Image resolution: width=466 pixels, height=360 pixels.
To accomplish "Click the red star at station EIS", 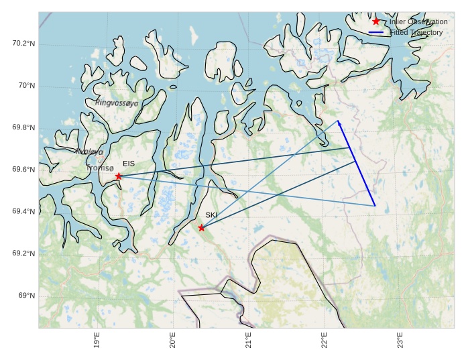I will click(x=119, y=176).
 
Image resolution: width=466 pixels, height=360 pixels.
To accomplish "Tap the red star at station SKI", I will click(x=201, y=228).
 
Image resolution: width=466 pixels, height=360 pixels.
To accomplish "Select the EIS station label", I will click(x=129, y=164).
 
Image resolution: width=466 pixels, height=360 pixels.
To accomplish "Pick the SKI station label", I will click(x=211, y=215).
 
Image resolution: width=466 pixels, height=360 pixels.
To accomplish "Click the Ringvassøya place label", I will click(x=117, y=103).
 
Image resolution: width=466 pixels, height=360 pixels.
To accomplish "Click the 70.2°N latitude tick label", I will click(x=23, y=44).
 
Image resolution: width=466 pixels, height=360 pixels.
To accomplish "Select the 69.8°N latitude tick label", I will click(x=23, y=128).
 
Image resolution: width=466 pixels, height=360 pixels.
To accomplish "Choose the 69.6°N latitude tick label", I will click(x=23, y=170).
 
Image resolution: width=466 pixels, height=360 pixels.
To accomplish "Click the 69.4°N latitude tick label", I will click(x=23, y=212).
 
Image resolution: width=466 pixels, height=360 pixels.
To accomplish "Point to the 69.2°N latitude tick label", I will click(x=23, y=253).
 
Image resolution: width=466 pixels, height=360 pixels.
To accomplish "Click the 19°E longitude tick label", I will click(x=97, y=340).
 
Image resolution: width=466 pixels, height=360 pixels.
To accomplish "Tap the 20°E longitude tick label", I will click(x=173, y=340).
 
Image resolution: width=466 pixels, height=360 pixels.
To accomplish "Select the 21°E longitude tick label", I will click(x=249, y=340).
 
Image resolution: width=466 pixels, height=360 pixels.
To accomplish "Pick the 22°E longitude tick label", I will click(x=325, y=340).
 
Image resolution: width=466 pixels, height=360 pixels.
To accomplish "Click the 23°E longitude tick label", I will click(x=400, y=340).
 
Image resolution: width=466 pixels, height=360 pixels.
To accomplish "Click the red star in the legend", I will click(x=376, y=21).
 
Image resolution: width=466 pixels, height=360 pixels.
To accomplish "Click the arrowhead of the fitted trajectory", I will click(x=339, y=123).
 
